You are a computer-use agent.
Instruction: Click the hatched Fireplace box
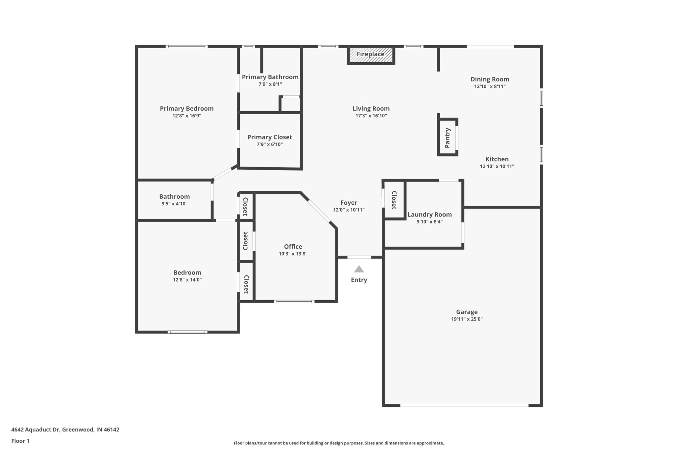[371, 55]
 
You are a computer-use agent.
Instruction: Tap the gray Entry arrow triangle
[359, 269]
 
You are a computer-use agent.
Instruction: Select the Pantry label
[448, 138]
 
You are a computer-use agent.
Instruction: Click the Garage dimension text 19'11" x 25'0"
[467, 319]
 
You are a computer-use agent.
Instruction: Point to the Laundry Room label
[429, 215]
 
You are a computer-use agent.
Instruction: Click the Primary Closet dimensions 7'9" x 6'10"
[269, 144]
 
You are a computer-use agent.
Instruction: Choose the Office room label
[293, 247]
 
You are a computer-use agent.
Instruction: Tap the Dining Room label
[490, 79]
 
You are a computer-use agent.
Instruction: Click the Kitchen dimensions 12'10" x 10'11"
[497, 167]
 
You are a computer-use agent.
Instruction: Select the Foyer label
[349, 203]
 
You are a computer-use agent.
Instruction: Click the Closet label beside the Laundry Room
[394, 200]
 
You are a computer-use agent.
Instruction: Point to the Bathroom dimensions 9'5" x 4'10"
[174, 204]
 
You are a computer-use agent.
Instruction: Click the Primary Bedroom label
[187, 109]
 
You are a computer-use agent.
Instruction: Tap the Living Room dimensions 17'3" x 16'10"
[371, 116]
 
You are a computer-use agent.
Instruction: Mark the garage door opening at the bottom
[464, 405]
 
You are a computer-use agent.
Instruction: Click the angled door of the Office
[319, 211]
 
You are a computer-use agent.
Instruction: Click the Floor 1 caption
[20, 441]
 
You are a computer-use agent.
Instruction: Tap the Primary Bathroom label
[270, 77]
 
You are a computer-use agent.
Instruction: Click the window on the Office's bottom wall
[294, 302]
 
